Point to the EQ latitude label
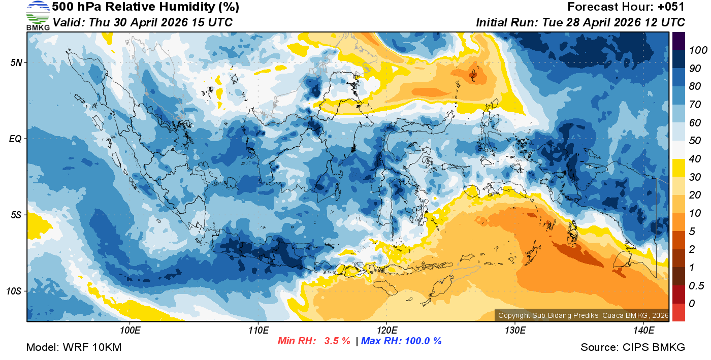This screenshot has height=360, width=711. [x=16, y=139]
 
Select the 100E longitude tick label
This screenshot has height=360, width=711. [x=130, y=330]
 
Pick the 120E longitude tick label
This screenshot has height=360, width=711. [x=386, y=330]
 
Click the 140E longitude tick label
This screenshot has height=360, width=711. [x=643, y=330]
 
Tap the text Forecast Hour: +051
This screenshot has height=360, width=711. [x=626, y=7]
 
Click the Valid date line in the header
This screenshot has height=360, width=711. [x=143, y=22]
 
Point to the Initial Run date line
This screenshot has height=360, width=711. [x=580, y=22]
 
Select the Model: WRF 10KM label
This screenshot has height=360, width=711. [x=74, y=347]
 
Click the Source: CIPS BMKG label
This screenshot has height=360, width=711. [x=633, y=347]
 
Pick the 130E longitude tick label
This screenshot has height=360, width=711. [x=515, y=330]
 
